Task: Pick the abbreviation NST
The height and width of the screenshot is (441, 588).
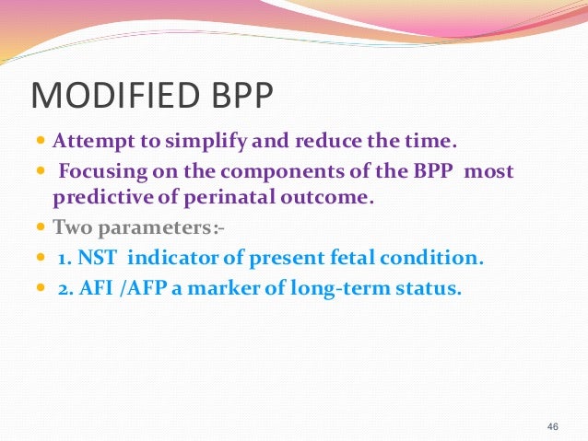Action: [90, 256]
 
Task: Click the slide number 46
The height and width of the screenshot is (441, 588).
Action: [553, 426]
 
